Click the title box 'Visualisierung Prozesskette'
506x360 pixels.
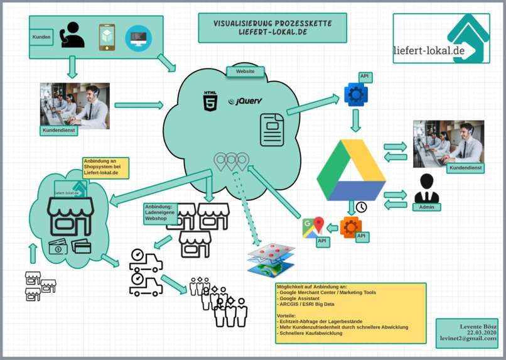click(x=272, y=28)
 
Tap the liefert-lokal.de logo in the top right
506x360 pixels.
click(x=441, y=38)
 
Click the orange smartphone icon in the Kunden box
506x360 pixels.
click(x=107, y=38)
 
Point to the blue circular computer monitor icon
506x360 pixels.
click(x=138, y=38)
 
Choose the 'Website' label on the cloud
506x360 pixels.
click(x=245, y=72)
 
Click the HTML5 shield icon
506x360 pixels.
click(x=210, y=101)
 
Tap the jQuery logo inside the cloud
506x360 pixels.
click(x=245, y=101)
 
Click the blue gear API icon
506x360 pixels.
click(x=356, y=94)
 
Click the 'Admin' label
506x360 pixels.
click(x=426, y=207)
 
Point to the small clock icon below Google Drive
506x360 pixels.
click(x=361, y=207)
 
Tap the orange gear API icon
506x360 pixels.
click(x=350, y=227)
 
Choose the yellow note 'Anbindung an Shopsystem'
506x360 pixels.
click(x=105, y=168)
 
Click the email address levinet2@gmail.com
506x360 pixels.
click(x=468, y=338)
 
